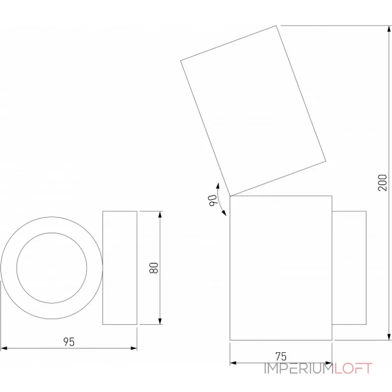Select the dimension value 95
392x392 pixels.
69,342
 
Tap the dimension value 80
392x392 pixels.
154,268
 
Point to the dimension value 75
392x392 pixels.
281,356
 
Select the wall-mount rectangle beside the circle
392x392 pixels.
120,268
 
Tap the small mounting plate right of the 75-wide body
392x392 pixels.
349,268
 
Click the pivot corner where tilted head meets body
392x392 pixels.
230,196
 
